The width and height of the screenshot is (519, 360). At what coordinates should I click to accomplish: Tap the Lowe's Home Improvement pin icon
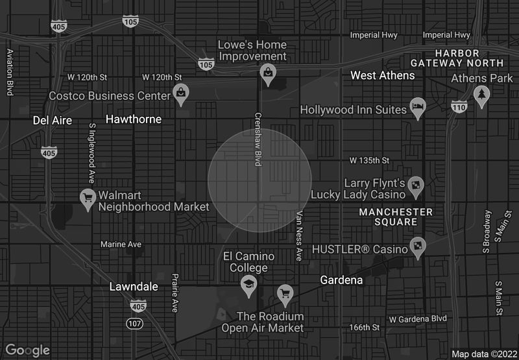click(267, 73)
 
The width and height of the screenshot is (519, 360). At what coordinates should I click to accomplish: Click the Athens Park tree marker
click(481, 95)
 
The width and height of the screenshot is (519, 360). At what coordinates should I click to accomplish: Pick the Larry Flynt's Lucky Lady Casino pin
click(416, 187)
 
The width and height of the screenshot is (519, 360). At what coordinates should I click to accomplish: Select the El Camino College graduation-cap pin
click(248, 285)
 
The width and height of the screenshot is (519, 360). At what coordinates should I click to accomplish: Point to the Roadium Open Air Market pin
click(284, 293)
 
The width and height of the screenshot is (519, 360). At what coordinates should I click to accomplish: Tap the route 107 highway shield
click(134, 323)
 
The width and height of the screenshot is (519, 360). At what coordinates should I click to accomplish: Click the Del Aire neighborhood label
click(53, 120)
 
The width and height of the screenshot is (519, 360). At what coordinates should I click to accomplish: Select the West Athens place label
click(382, 76)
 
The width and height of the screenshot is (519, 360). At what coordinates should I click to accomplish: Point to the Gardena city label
click(341, 280)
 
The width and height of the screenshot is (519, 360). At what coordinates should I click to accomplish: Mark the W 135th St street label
click(369, 160)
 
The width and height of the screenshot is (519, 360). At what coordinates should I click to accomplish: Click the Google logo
click(27, 350)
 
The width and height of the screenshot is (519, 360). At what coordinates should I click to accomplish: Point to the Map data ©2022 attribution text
click(483, 354)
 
